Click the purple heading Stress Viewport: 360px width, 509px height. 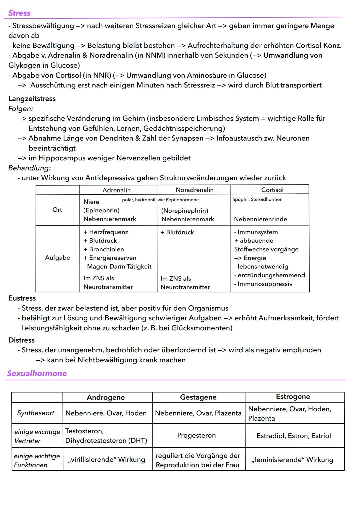19,13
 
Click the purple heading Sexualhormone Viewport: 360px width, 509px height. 37,373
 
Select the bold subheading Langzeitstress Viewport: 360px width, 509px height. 32,99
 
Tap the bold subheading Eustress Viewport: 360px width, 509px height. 22,298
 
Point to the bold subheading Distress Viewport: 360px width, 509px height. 21,340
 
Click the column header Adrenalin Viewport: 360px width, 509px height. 116,190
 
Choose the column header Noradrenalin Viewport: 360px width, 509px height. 195,190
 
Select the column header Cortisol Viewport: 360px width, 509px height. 272,190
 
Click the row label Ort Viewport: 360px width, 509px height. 57,210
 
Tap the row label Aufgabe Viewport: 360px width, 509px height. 57,258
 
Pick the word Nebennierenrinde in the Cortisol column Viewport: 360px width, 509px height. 260,219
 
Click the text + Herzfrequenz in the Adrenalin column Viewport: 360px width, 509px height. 106,232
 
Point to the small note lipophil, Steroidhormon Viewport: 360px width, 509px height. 257,199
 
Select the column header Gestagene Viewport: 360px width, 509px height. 198,397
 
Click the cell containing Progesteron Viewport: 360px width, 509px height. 196,435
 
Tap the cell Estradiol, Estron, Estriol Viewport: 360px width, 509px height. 294,436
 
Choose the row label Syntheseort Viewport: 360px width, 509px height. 36,413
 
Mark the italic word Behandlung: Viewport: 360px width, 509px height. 30,168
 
